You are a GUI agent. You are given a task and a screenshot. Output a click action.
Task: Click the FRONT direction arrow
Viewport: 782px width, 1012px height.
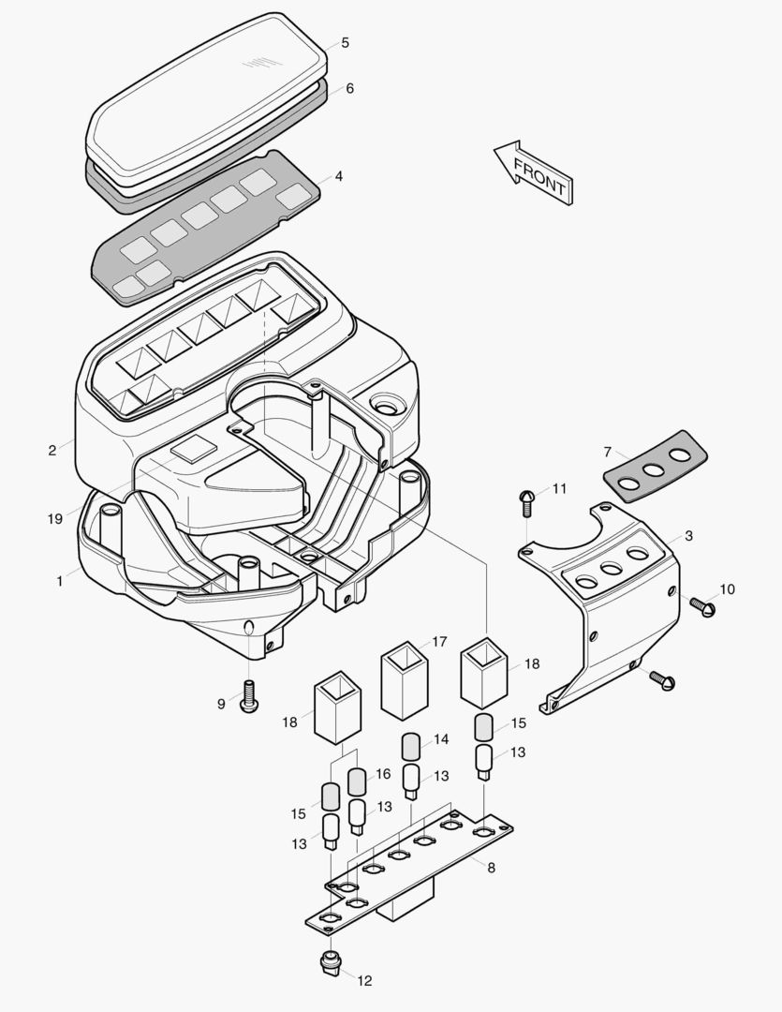pyautogui.click(x=535, y=173)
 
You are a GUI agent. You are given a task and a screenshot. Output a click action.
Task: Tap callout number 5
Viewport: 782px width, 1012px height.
pyautogui.click(x=346, y=43)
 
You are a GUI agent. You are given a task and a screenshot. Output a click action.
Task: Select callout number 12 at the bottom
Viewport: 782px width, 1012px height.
pyautogui.click(x=364, y=981)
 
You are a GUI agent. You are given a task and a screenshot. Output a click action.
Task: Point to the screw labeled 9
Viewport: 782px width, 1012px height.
pyautogui.click(x=249, y=697)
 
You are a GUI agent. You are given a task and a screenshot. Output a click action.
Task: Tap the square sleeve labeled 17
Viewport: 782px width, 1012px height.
pyautogui.click(x=404, y=678)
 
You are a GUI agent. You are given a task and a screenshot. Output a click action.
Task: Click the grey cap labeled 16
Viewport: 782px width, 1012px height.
pyautogui.click(x=356, y=781)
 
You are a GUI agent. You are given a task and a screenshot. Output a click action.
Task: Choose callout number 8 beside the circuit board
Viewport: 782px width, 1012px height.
pyautogui.click(x=491, y=868)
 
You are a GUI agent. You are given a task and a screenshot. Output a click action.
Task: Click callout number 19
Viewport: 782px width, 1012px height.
pyautogui.click(x=55, y=518)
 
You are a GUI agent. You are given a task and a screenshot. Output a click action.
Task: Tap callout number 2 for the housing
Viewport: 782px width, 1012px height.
pyautogui.click(x=52, y=451)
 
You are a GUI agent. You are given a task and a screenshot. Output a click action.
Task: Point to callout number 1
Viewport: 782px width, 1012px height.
pyautogui.click(x=60, y=581)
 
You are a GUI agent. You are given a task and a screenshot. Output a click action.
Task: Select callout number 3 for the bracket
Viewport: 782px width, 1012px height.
pyautogui.click(x=688, y=536)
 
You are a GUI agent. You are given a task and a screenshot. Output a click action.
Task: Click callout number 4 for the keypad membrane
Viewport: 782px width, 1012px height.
pyautogui.click(x=338, y=175)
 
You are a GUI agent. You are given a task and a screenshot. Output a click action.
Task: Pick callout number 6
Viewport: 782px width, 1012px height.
pyautogui.click(x=349, y=89)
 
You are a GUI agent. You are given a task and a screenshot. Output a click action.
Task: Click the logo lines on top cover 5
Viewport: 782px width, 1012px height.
pyautogui.click(x=255, y=64)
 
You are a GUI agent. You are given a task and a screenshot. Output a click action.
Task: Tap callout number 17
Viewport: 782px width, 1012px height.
pyautogui.click(x=440, y=642)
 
